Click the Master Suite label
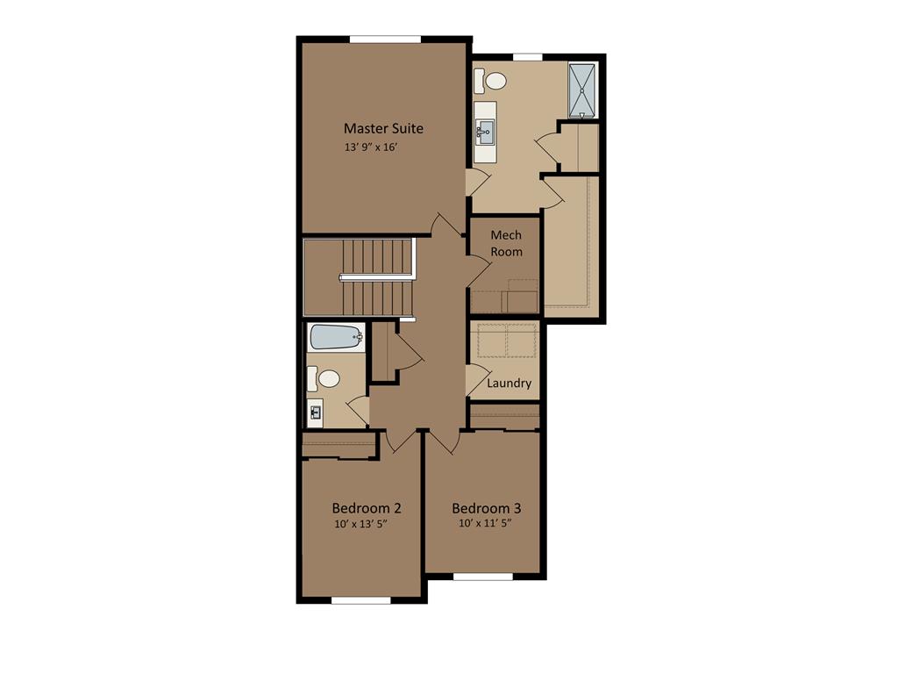coord(383,128)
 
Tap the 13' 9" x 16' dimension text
coord(383,147)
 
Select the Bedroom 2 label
coord(367,508)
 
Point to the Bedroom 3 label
coord(487,508)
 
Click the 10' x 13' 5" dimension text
coord(360,525)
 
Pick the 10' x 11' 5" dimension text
coord(484,523)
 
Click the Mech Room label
coord(506,243)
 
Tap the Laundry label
coord(509,384)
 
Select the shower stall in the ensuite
coord(582,90)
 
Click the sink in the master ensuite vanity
coord(485,134)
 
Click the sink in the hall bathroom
coord(316,411)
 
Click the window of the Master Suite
coord(385,39)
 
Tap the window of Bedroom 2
coord(360,600)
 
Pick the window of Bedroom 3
coord(482,577)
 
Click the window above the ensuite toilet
coord(527,57)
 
